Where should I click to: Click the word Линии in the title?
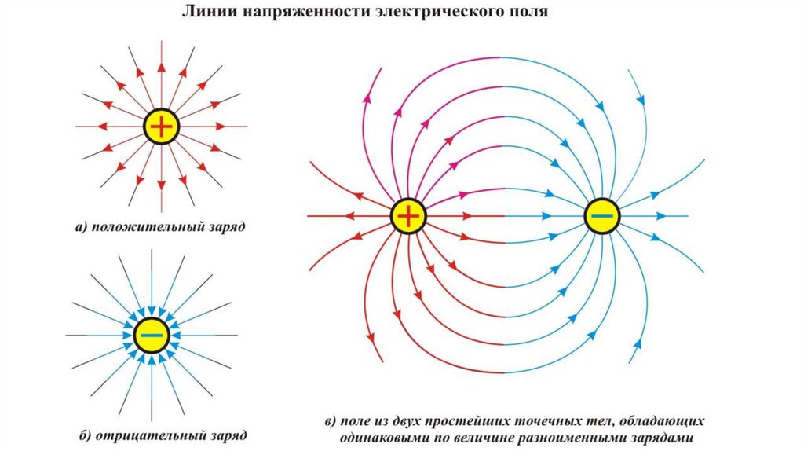coord(206,13)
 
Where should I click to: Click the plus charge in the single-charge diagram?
coord(161,126)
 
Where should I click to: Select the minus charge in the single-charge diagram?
coord(152,335)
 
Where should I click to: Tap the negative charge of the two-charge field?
coord(602,215)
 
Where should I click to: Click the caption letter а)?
coord(82,228)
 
